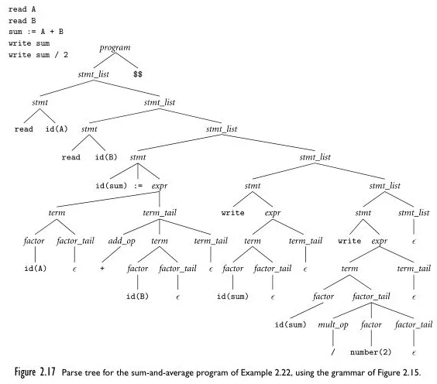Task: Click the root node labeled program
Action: coord(115,49)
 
